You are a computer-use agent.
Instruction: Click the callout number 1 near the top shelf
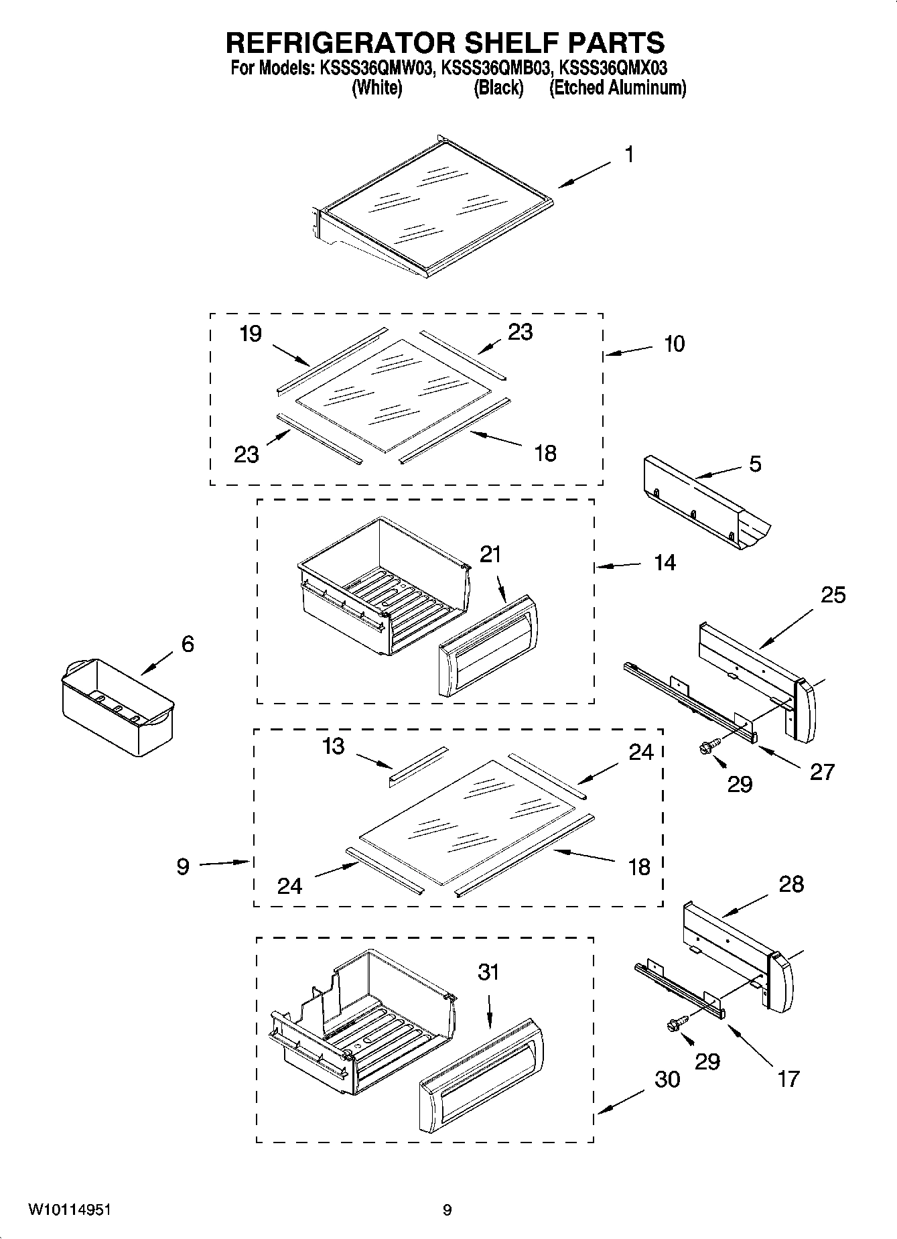(628, 155)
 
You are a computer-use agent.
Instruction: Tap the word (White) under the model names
(376, 88)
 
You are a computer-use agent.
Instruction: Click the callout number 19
(251, 334)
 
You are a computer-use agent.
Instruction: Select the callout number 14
(665, 563)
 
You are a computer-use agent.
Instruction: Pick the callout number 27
(822, 771)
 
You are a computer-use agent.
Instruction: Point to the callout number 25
(833, 594)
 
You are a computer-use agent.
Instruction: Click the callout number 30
(667, 1079)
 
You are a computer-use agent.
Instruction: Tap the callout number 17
(788, 1079)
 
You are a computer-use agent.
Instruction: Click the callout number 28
(791, 884)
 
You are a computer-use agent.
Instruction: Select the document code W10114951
(70, 1210)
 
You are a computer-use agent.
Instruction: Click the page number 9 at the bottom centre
(447, 1210)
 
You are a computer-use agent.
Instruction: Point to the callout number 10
(674, 344)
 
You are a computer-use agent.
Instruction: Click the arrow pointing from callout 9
(222, 863)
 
